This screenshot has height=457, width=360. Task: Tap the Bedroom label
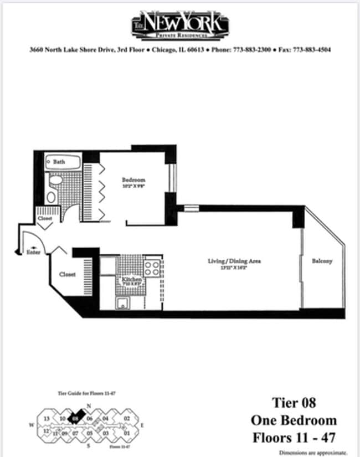133,180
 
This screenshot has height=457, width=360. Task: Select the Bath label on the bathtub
59,162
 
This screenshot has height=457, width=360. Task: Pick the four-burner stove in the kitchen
152,269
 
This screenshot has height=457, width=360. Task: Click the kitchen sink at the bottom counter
122,302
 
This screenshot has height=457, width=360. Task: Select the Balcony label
322,261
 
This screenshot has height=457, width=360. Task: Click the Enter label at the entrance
33,252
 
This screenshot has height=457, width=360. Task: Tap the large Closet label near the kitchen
68,274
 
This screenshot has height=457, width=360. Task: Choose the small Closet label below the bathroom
45,219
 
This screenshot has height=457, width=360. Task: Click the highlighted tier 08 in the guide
76,419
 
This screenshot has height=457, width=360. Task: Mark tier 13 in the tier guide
47,419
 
